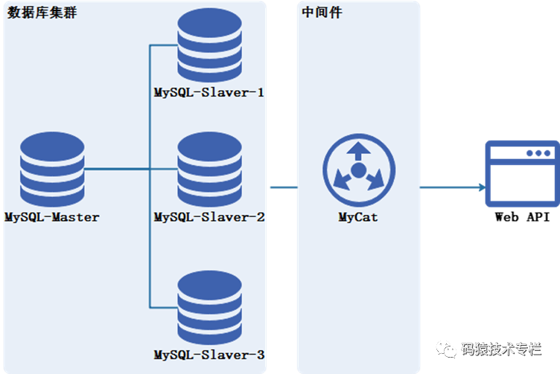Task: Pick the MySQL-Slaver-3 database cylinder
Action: [210, 306]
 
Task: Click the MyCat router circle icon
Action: [358, 172]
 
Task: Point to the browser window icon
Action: [521, 173]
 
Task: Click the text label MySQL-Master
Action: [52, 217]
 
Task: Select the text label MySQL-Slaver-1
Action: [209, 94]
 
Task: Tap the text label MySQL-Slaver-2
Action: [209, 217]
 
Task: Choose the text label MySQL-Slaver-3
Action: [209, 355]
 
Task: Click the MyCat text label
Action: [358, 218]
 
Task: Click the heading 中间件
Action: [322, 13]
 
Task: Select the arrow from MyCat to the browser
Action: [452, 187]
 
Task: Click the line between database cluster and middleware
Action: [283, 187]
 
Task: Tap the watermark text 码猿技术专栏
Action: [500, 349]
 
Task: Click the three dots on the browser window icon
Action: [538, 153]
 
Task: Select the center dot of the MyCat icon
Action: [358, 172]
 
